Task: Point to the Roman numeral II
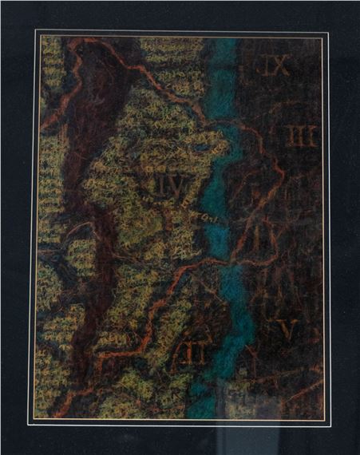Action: coord(191,352)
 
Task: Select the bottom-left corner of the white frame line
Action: coord(34,421)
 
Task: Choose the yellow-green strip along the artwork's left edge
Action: coord(48,160)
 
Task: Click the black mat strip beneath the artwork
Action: coord(180,439)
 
